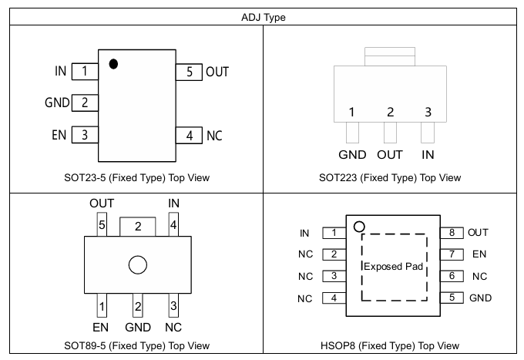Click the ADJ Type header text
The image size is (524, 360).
pos(264,17)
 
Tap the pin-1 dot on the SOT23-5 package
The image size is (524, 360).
pos(113,63)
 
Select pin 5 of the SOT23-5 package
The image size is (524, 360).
pos(189,72)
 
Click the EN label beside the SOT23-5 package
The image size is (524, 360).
pos(59,135)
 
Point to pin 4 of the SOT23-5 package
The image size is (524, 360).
pos(189,136)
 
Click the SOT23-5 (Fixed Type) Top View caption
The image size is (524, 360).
pos(136,177)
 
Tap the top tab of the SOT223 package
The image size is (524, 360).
pos(390,56)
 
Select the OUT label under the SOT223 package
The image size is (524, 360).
pos(390,155)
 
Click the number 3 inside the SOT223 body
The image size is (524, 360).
pos(428,112)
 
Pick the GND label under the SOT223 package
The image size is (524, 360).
pos(352,155)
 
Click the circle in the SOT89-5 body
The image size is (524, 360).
pos(138,265)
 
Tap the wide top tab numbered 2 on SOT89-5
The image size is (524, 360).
pos(138,227)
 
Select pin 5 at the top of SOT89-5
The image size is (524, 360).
pos(102,224)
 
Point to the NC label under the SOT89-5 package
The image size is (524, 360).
pos(173,328)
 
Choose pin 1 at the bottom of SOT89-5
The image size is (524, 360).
pos(102,305)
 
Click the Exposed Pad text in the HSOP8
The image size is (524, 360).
pos(393,267)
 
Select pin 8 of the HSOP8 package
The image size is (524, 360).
pos(452,233)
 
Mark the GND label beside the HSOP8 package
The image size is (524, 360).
pos(480,298)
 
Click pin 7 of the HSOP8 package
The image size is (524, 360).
pos(452,254)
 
